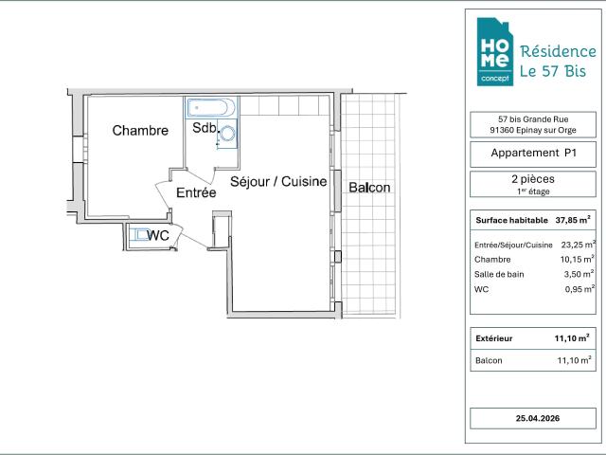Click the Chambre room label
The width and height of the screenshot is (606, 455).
pyautogui.click(x=140, y=131)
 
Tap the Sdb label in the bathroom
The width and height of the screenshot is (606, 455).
pyautogui.click(x=205, y=128)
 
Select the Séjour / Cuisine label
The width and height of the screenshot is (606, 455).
pyautogui.click(x=278, y=181)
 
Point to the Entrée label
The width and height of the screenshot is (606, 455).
pyautogui.click(x=196, y=192)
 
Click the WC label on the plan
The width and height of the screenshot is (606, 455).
pyautogui.click(x=158, y=235)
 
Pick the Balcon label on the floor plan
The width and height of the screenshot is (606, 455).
pyautogui.click(x=369, y=188)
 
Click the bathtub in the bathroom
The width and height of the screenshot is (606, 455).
pyautogui.click(x=211, y=107)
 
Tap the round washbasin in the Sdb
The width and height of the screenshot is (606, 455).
pyautogui.click(x=226, y=134)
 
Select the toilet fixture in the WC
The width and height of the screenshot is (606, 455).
pyautogui.click(x=138, y=235)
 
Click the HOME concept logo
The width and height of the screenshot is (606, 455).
pyautogui.click(x=495, y=51)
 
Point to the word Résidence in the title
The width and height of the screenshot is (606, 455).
pyautogui.click(x=558, y=51)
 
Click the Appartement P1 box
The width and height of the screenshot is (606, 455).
pyautogui.click(x=533, y=154)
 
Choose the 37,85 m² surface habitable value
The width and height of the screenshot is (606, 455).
pyautogui.click(x=573, y=220)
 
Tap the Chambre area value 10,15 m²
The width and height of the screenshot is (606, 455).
pyautogui.click(x=578, y=259)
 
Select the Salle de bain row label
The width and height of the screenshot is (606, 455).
pyautogui.click(x=499, y=274)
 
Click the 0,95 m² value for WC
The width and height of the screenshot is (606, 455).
pyautogui.click(x=579, y=289)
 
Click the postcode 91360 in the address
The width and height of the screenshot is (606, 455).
pyautogui.click(x=502, y=130)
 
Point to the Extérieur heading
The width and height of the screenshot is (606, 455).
pyautogui.click(x=494, y=338)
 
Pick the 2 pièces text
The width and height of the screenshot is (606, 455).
pyautogui.click(x=533, y=179)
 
